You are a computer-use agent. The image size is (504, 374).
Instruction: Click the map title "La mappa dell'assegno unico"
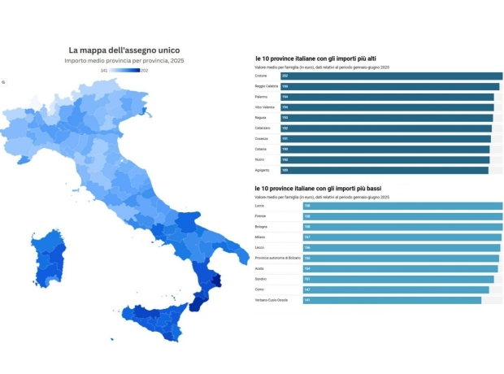(124, 50)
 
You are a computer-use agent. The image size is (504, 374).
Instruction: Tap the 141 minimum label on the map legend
(103, 71)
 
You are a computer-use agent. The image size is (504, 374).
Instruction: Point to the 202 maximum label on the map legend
(145, 71)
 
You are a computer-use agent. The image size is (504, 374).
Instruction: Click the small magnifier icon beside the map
(3, 83)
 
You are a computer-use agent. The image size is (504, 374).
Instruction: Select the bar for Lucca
(402, 206)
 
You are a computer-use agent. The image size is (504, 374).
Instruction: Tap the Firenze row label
(261, 216)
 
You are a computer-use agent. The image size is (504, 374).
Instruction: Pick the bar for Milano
(402, 237)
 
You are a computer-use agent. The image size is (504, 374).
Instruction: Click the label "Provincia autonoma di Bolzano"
(277, 259)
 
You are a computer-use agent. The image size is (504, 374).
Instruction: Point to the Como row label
(260, 289)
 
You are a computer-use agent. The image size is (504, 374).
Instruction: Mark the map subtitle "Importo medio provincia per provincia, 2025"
(124, 61)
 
